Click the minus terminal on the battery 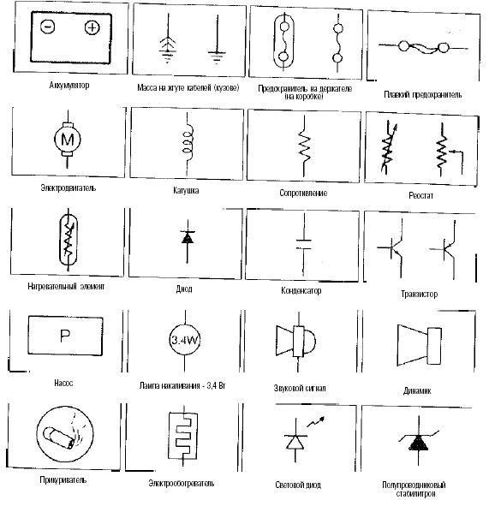[48, 27]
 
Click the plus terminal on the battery [92, 27]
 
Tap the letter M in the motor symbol [68, 140]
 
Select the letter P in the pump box [65, 336]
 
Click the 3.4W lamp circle [185, 340]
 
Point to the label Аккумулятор [69, 86]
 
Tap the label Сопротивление [303, 193]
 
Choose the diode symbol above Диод [188, 237]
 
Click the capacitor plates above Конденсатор [303, 244]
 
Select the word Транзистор [419, 294]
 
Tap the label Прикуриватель [63, 479]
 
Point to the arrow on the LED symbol [315, 422]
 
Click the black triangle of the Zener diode [419, 443]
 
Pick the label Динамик [417, 390]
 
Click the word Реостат [420, 195]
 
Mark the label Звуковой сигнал [300, 388]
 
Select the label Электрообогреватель [181, 483]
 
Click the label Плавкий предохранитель [423, 94]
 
